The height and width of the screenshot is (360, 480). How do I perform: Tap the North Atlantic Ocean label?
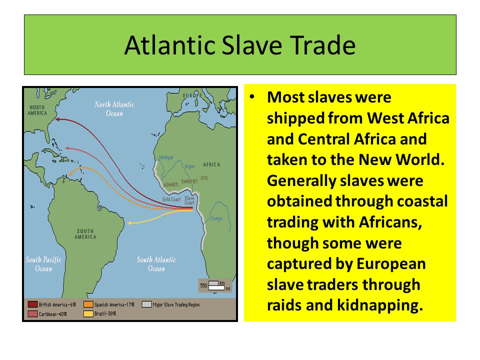coord(115,108)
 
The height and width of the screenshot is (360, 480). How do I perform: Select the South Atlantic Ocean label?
coord(156,264)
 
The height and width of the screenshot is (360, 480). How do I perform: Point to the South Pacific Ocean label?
coord(43,264)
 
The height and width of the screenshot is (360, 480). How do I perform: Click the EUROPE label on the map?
coord(192,96)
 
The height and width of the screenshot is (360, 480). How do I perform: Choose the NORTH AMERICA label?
coord(38,109)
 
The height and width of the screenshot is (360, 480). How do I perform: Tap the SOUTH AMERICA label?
coord(85,233)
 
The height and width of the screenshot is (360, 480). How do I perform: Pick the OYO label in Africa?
coord(204,178)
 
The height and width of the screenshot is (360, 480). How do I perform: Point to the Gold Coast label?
coord(170,199)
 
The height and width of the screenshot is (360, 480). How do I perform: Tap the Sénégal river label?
coord(165,157)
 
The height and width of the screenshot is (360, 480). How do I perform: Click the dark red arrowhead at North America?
coord(56,119)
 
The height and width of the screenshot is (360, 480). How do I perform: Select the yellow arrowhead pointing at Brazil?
coord(129,223)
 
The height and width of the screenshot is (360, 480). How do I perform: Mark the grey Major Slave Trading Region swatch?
coord(147,304)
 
